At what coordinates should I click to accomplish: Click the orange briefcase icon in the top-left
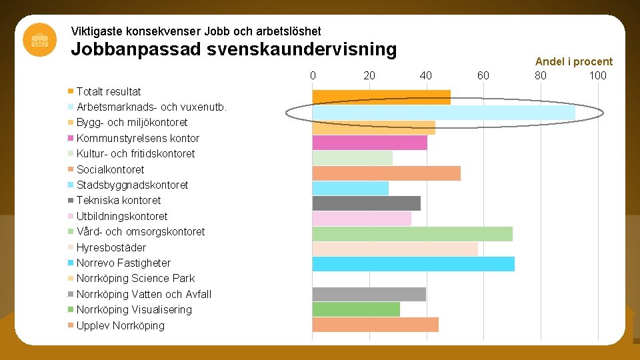[39, 40]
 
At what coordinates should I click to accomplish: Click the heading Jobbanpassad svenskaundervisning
[233, 49]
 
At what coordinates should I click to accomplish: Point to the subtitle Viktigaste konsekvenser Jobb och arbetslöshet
[196, 31]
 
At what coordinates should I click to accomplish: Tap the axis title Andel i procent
[573, 61]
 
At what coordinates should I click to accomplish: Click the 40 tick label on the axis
[426, 75]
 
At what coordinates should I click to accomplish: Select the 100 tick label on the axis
[597, 75]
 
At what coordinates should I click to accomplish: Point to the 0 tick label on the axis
[313, 75]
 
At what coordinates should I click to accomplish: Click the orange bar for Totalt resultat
[381, 97]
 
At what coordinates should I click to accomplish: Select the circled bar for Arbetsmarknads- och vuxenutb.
[443, 113]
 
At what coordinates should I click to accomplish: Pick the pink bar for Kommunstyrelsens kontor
[369, 143]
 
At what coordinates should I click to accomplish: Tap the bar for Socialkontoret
[386, 173]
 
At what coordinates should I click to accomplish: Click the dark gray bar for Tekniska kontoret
[366, 203]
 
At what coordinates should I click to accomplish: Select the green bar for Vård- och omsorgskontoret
[412, 234]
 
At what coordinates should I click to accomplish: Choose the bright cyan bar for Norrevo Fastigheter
[413, 264]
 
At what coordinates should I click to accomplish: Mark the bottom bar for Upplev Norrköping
[375, 325]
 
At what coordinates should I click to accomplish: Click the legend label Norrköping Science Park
[135, 279]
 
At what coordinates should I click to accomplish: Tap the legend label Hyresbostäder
[111, 247]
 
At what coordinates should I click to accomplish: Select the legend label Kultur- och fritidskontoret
[135, 154]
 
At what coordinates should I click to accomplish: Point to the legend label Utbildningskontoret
[122, 216]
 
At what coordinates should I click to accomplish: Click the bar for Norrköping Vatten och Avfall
[369, 294]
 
